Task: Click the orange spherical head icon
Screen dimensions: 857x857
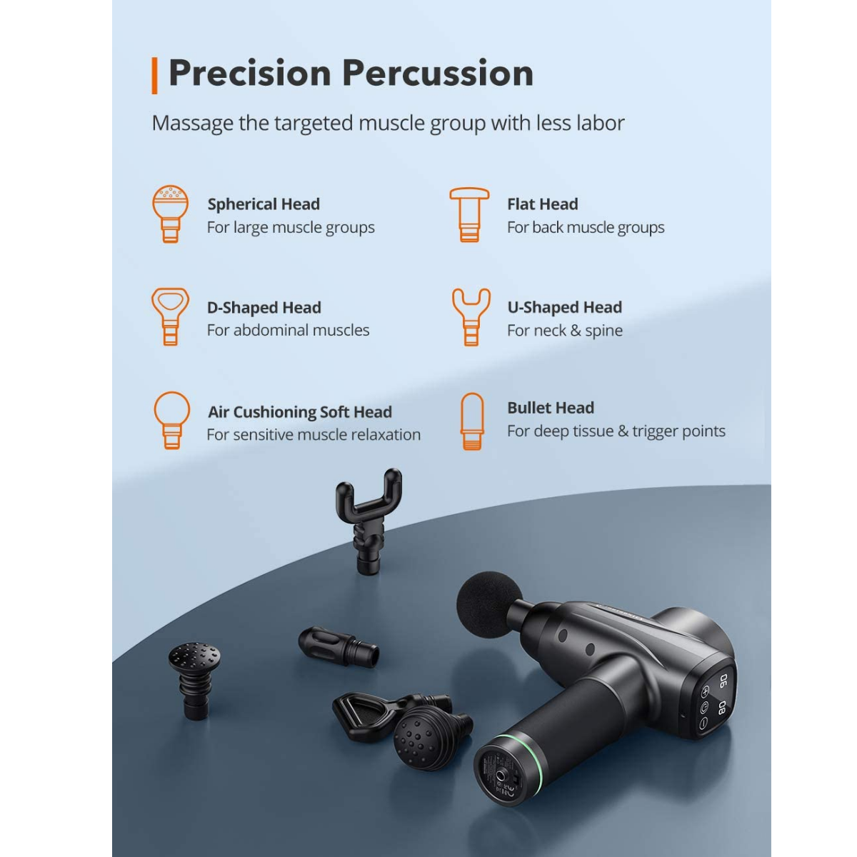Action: pyautogui.click(x=171, y=214)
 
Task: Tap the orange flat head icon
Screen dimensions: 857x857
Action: pyautogui.click(x=469, y=214)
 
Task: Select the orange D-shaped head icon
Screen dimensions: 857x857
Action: pyautogui.click(x=171, y=316)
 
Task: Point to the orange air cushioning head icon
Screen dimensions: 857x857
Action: pyautogui.click(x=171, y=420)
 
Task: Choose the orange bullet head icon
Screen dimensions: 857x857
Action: pyautogui.click(x=472, y=421)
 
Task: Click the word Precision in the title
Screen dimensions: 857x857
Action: pyautogui.click(x=250, y=74)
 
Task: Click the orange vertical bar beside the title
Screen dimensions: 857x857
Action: pyautogui.click(x=154, y=76)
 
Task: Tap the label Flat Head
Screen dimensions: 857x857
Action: pyautogui.click(x=543, y=204)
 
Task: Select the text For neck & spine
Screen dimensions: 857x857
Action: pyautogui.click(x=565, y=331)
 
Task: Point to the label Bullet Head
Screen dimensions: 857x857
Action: pyautogui.click(x=551, y=408)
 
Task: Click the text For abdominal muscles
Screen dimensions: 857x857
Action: pyautogui.click(x=289, y=330)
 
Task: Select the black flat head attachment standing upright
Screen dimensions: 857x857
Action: pyautogui.click(x=194, y=680)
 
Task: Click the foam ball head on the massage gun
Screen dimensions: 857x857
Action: pyautogui.click(x=490, y=604)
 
